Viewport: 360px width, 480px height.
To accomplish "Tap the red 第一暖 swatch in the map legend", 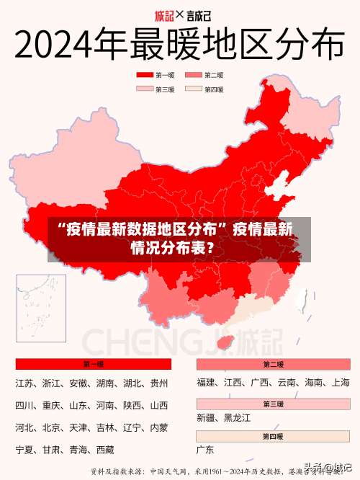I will click(145, 75).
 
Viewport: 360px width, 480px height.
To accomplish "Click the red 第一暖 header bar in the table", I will click(94, 364).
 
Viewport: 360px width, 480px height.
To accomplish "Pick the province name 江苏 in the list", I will click(24, 383).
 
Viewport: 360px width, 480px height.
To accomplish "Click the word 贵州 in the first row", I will click(159, 383).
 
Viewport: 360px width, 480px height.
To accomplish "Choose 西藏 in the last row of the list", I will click(105, 450).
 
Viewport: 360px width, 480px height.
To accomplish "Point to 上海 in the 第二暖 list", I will click(341, 383).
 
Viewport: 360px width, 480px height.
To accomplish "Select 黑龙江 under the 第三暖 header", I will click(238, 417).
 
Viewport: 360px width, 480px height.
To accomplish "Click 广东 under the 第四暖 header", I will click(206, 450).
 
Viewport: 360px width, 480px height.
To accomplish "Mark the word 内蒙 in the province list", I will click(159, 427).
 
